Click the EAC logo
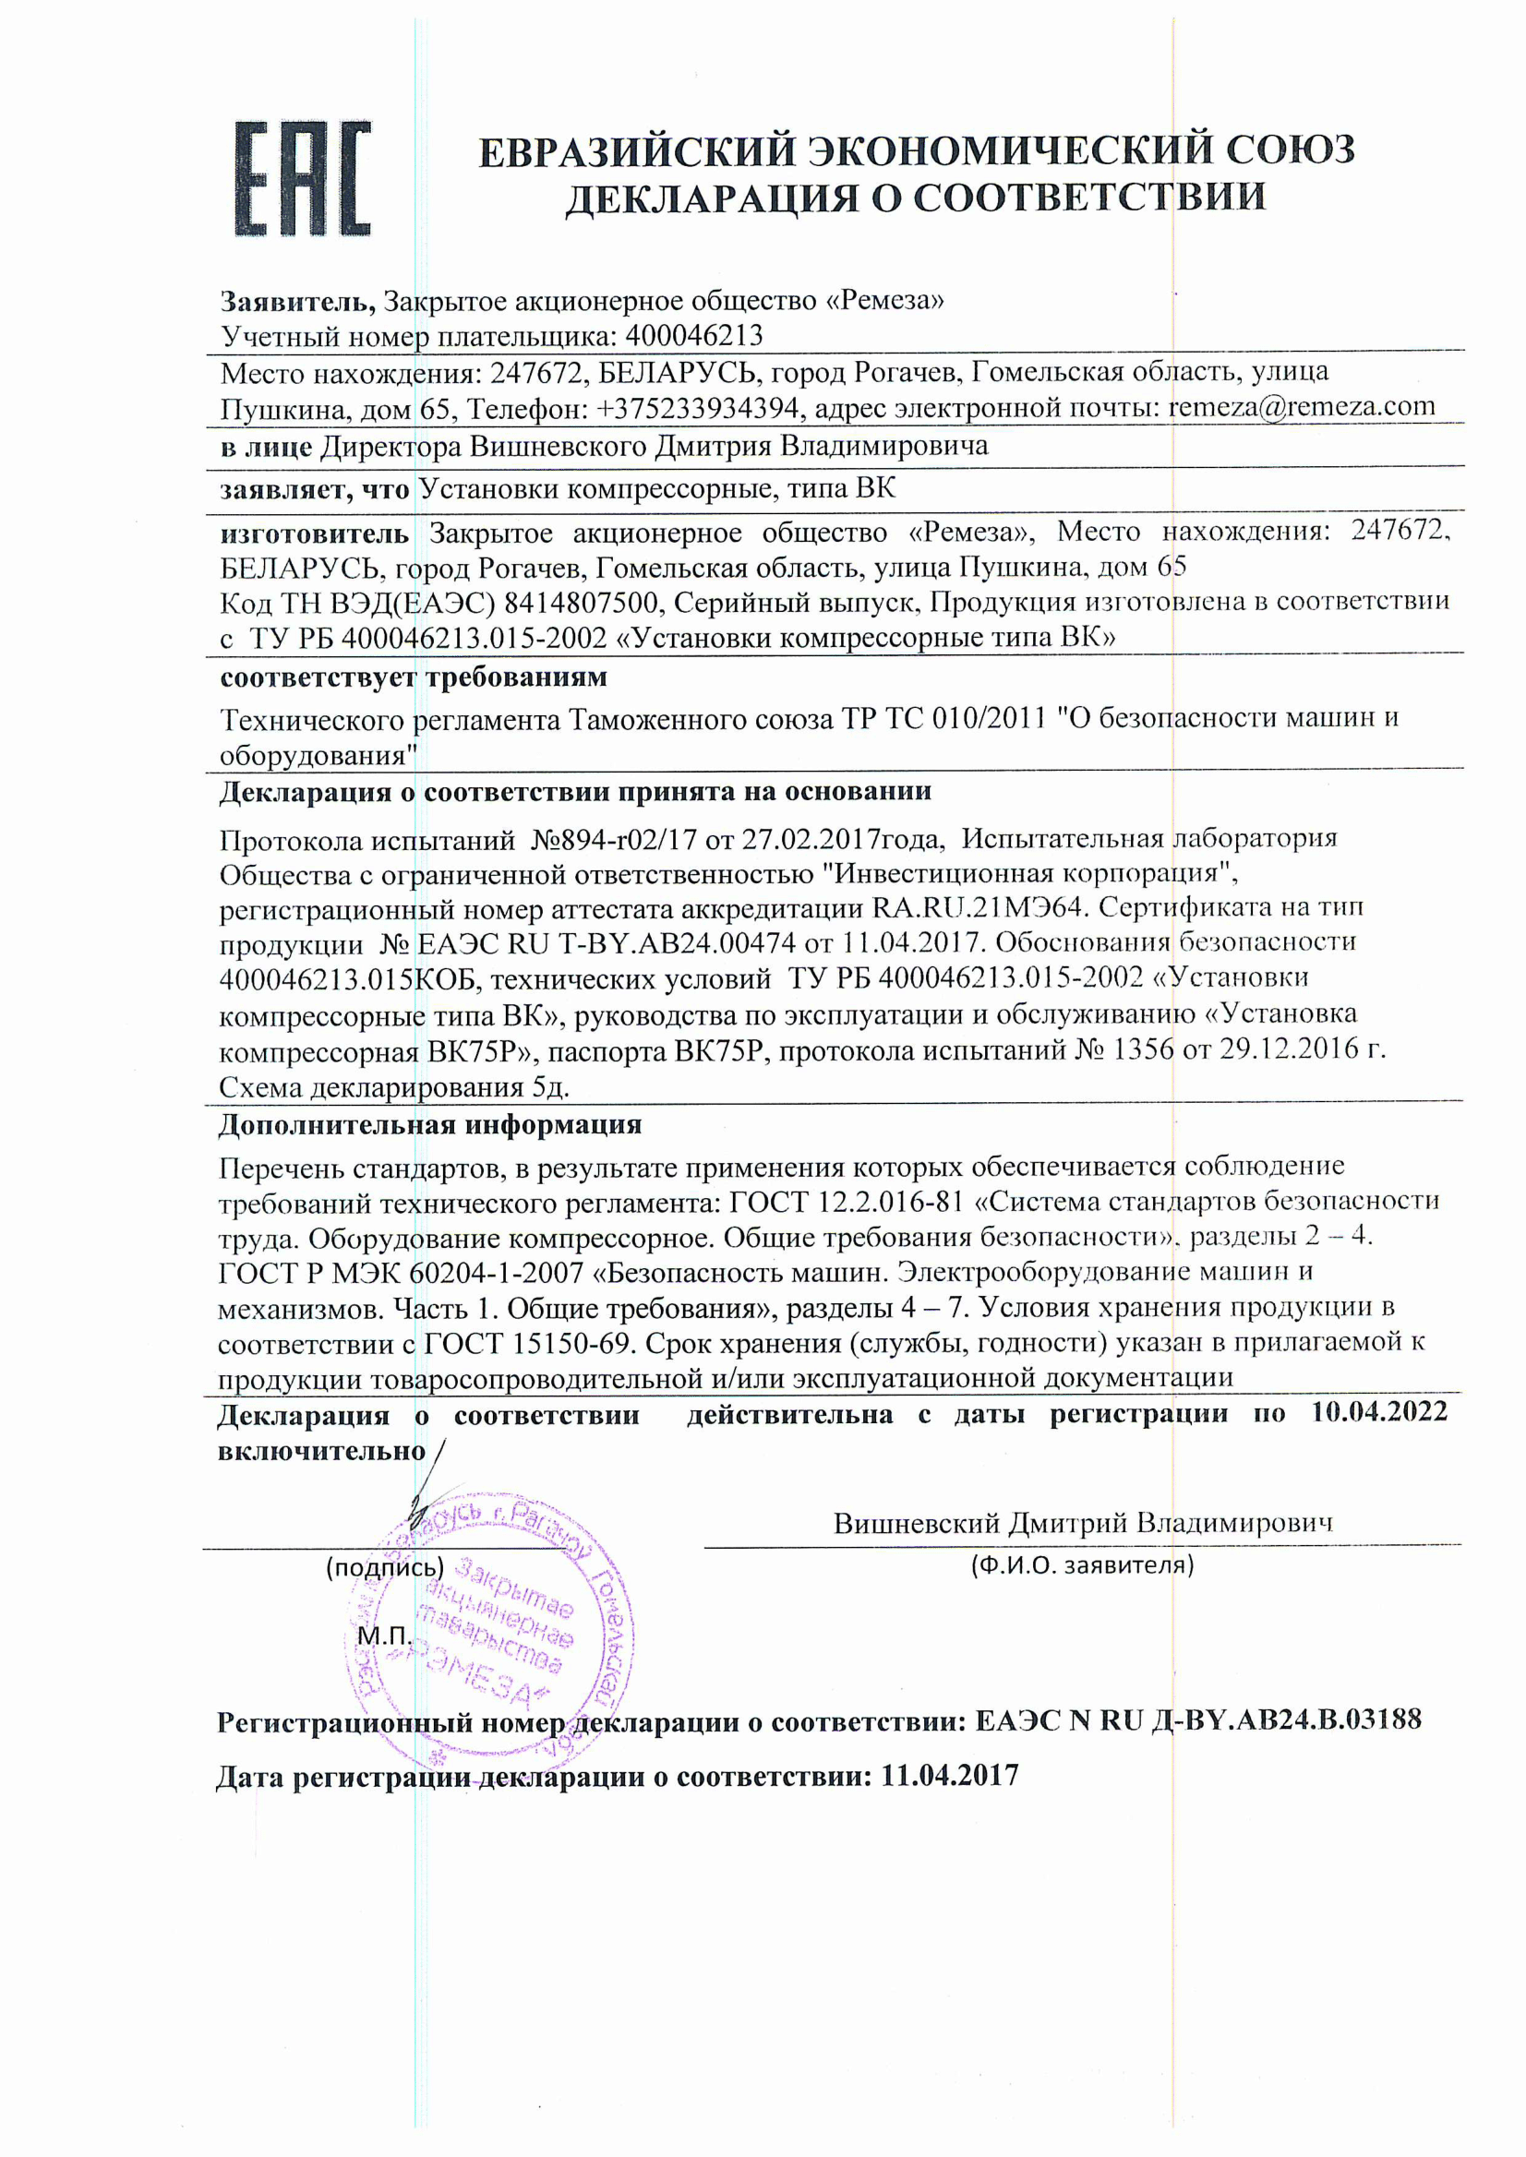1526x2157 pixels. click(303, 177)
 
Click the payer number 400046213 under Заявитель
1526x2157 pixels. click(694, 335)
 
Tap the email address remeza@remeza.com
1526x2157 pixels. click(1302, 407)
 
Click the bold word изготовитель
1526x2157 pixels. click(314, 533)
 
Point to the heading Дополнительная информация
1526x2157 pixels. click(430, 1124)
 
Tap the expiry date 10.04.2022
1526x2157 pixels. click(1379, 1412)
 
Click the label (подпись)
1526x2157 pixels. click(384, 1567)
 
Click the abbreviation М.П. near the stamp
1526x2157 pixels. click(384, 1636)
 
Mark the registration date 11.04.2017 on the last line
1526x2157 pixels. click(949, 1775)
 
